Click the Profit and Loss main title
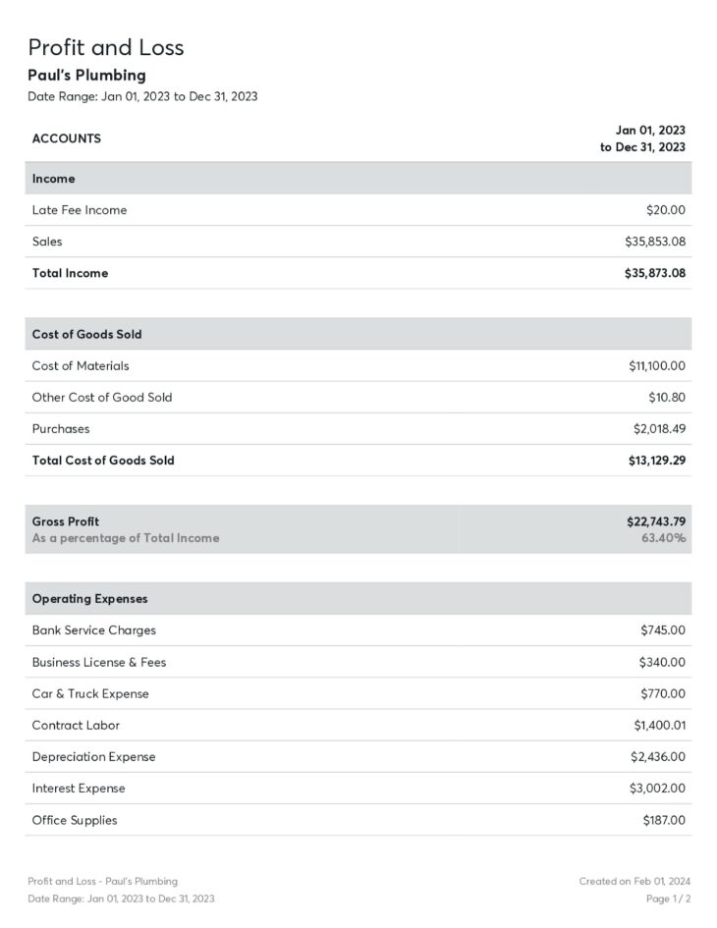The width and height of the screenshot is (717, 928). (105, 47)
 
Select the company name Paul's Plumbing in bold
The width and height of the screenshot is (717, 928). (86, 75)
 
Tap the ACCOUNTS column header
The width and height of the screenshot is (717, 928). (66, 138)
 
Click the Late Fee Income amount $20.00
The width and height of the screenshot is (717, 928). (665, 210)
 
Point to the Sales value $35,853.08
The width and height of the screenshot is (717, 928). (654, 242)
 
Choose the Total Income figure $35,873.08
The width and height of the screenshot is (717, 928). (654, 273)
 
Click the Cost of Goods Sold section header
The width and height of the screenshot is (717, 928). (86, 334)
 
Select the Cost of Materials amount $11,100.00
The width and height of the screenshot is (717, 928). (656, 366)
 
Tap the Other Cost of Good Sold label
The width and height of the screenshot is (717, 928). (101, 398)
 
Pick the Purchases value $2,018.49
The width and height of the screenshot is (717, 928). (659, 429)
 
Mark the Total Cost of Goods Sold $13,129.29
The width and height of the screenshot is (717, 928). (656, 461)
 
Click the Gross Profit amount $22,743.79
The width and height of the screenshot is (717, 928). (655, 521)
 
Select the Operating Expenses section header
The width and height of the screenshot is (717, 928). (89, 599)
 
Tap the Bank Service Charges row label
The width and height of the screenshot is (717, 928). (93, 630)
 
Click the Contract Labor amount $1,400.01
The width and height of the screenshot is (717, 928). (659, 726)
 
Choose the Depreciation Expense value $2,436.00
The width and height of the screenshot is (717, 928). (657, 757)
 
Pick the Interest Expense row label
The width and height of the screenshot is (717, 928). (79, 789)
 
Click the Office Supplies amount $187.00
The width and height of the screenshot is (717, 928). (664, 820)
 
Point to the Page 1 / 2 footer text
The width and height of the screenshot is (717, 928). (668, 899)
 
